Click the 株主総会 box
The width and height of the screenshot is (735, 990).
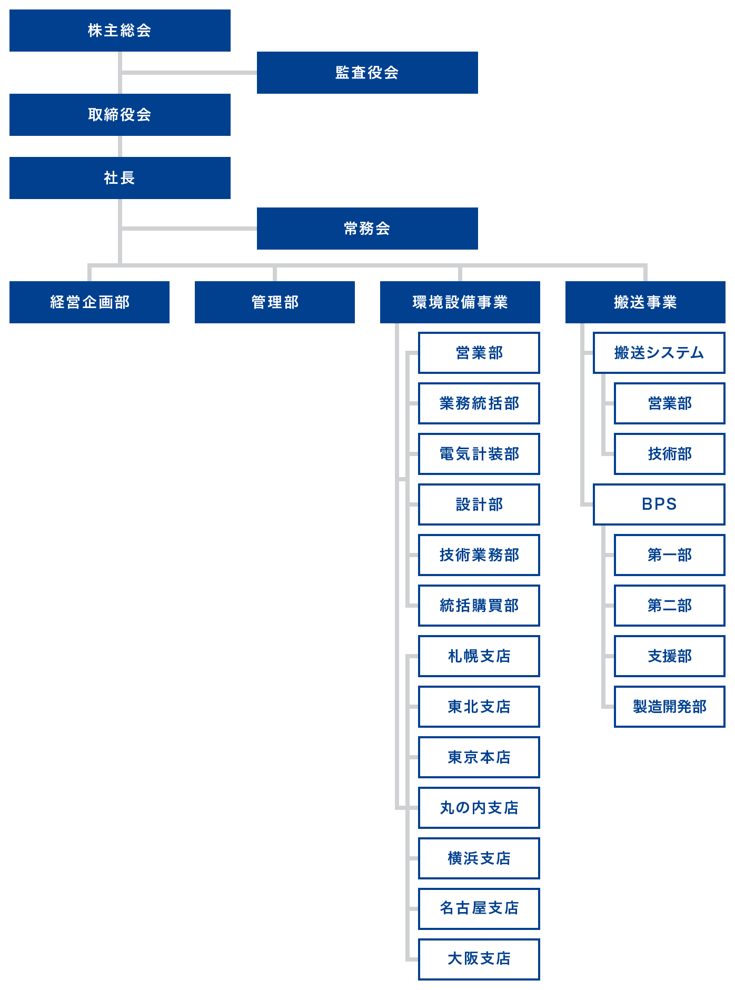120,31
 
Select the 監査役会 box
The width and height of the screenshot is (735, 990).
367,73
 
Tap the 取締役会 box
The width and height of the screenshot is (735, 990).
120,115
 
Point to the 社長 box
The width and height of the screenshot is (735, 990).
120,178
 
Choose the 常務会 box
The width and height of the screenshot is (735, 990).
367,229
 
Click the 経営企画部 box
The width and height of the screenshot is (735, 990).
90,302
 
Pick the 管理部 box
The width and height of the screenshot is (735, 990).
275,302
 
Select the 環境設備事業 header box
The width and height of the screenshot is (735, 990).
460,302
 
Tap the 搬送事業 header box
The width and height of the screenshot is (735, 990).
645,302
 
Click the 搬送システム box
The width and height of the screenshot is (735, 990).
659,353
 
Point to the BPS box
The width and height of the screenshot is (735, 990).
659,504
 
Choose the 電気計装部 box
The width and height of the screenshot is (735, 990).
479,454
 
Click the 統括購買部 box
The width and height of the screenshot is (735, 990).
479,606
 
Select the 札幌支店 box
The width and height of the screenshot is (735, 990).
479,656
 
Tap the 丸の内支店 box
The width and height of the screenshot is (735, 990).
479,808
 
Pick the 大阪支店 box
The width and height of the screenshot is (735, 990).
479,959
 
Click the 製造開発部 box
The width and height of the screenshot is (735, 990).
670,707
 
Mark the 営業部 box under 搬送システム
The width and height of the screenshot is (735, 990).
670,403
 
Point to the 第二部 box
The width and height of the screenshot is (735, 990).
670,606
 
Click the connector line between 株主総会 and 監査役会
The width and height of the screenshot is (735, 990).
190,73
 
